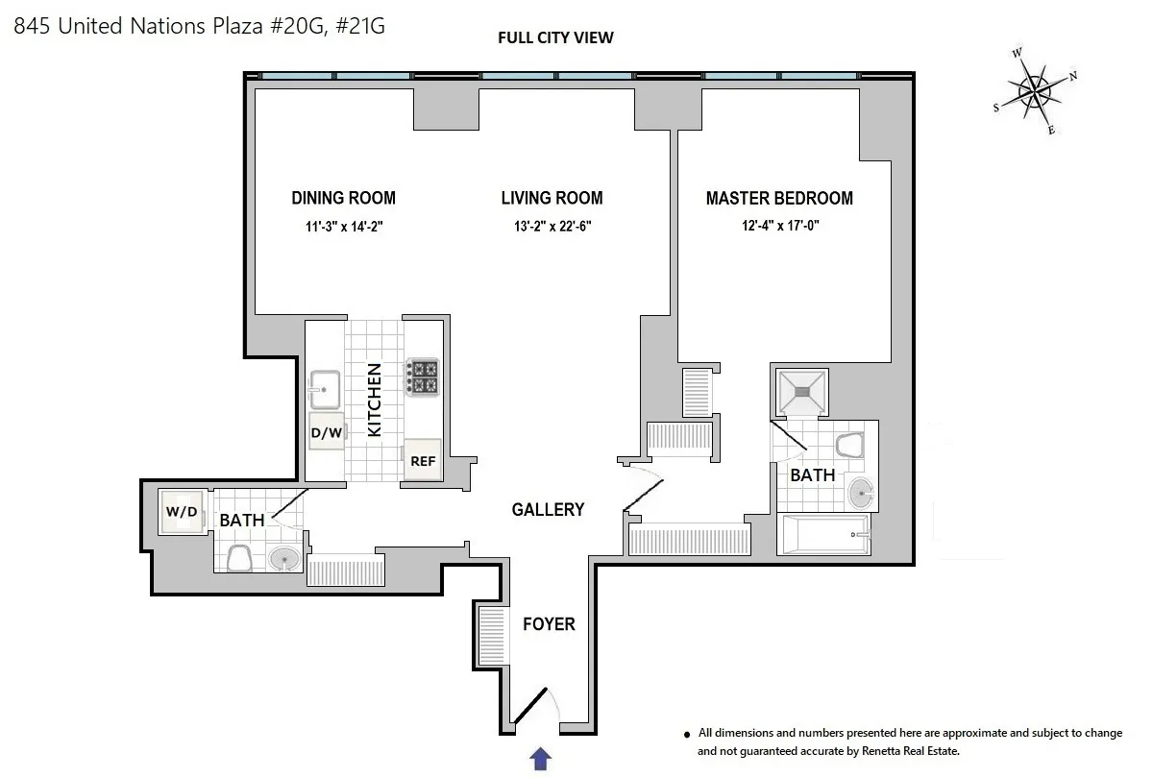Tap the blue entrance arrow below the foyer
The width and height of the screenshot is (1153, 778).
click(x=541, y=759)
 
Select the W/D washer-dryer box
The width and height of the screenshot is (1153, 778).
click(x=182, y=512)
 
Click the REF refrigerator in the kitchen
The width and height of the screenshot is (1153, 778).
click(x=423, y=460)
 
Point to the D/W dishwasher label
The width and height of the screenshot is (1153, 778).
click(x=326, y=433)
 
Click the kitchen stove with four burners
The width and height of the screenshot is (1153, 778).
click(x=423, y=377)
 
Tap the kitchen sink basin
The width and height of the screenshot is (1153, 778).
click(x=325, y=389)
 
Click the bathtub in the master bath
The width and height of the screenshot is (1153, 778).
click(x=825, y=533)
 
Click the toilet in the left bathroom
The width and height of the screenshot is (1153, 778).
click(x=238, y=557)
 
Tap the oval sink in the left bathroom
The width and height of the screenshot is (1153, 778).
click(x=283, y=558)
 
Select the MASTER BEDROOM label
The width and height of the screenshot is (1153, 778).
click(x=779, y=199)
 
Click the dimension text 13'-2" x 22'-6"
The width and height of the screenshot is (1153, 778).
click(x=552, y=228)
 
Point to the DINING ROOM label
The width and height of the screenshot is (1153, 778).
click(x=343, y=199)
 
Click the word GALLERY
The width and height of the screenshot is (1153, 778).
click(x=548, y=509)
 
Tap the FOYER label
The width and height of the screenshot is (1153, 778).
click(x=549, y=624)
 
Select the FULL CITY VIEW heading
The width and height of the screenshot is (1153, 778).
click(x=555, y=38)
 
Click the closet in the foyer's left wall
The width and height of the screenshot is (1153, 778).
click(x=489, y=636)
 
